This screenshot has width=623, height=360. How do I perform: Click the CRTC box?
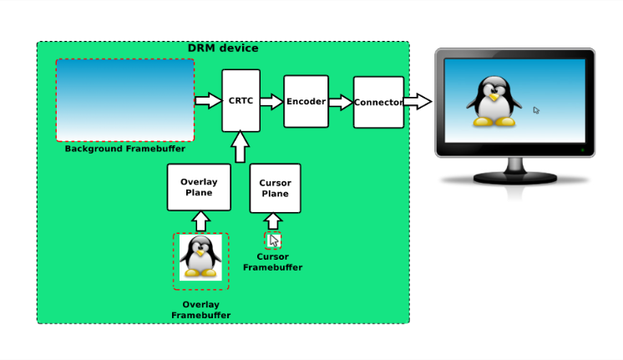(x=241, y=100)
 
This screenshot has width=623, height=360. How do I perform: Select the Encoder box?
(x=306, y=101)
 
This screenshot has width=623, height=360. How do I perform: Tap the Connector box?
(x=378, y=102)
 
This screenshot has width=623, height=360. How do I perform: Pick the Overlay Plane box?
(x=199, y=187)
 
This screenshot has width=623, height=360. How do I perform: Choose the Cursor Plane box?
(x=275, y=188)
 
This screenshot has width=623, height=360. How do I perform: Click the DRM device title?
(x=223, y=48)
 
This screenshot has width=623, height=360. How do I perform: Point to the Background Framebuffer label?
(x=124, y=149)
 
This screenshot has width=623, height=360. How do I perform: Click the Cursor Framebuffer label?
(x=272, y=261)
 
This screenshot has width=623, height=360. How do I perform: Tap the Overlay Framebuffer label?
(x=200, y=310)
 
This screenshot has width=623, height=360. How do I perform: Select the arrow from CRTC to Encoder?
(x=271, y=101)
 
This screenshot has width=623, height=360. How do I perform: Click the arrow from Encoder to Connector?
(x=341, y=102)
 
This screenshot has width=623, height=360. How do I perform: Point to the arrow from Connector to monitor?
(x=418, y=101)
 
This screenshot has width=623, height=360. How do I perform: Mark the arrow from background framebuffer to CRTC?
(x=208, y=100)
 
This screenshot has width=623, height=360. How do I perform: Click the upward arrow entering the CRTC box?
(x=240, y=147)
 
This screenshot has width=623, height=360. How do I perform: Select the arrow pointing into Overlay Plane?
(x=200, y=221)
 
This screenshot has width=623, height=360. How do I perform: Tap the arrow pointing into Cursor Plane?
(x=273, y=221)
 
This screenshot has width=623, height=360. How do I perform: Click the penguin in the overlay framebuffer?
(x=200, y=256)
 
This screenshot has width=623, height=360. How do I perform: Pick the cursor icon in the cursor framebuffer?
(x=274, y=241)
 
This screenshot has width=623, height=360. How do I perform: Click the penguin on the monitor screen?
(x=494, y=101)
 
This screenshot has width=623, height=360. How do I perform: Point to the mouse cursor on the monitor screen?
(x=536, y=110)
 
